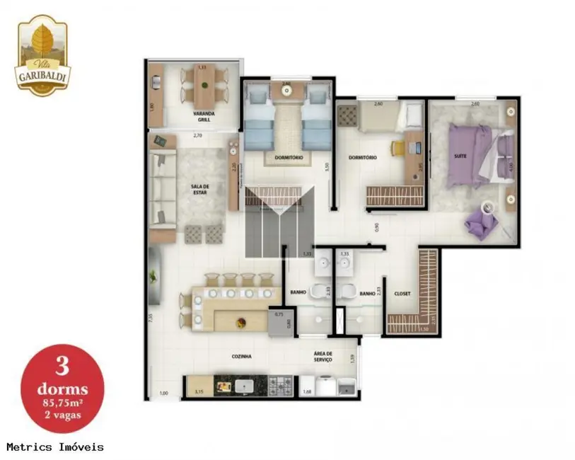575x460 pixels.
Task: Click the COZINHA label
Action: pos(241,357)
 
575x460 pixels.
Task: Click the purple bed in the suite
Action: pos(475,154)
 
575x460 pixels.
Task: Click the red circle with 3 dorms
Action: pos(62,389)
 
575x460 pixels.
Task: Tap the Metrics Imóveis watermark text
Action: pos(55,447)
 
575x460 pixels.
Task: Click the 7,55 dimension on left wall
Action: pos(151,318)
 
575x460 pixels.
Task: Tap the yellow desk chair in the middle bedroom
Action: pos(397,148)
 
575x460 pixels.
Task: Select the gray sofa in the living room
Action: pos(162,189)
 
